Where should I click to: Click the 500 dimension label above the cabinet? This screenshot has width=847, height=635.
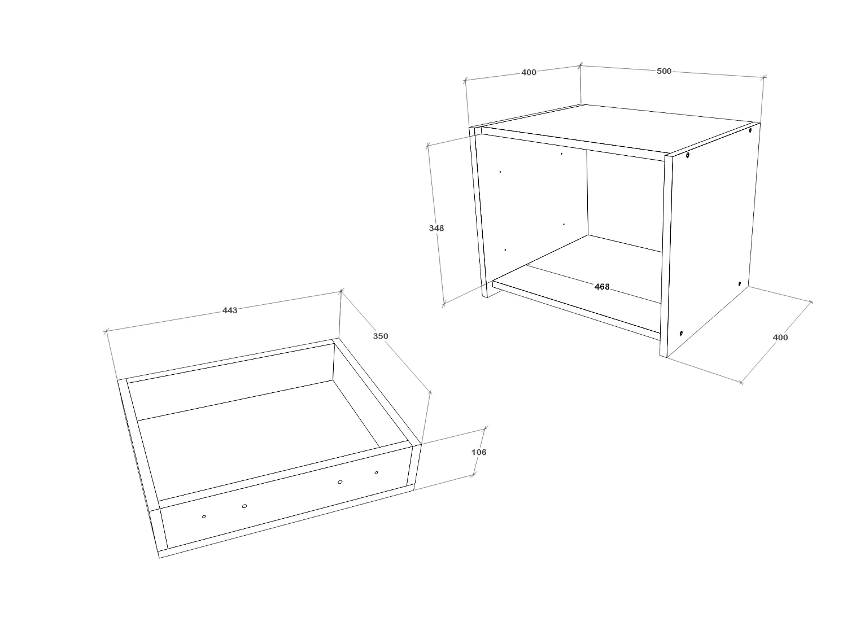pos(664,71)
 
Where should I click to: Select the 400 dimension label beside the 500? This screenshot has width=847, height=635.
pos(529,72)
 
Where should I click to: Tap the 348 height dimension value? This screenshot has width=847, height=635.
pos(436,228)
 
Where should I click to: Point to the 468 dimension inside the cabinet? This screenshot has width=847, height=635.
pos(602,287)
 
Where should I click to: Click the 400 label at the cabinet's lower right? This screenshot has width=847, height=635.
pos(780,338)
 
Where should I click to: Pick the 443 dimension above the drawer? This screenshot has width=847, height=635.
pos(230,310)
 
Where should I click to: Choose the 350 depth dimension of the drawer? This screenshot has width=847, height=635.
pos(381,336)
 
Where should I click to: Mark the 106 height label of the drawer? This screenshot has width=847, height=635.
pos(478,452)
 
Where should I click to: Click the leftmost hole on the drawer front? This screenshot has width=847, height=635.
pos(204,516)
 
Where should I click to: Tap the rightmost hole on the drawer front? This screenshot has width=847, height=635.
pos(376,472)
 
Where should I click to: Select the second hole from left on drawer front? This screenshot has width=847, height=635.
pos(244,506)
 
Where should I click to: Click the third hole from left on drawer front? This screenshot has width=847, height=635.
pos(340,481)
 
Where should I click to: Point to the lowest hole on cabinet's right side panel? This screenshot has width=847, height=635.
pos(681,333)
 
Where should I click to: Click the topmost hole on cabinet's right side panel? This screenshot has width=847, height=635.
pos(750,130)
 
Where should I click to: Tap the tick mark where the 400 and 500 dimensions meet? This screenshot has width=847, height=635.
pos(580,65)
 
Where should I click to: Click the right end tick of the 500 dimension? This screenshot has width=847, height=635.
pos(764,76)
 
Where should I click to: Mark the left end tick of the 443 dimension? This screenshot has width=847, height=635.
pos(106,331)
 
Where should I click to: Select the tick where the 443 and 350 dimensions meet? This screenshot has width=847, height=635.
pos(341,291)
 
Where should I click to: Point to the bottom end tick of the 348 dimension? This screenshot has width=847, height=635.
pos(444,304)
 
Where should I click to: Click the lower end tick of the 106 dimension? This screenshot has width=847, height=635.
pos(473,476)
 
